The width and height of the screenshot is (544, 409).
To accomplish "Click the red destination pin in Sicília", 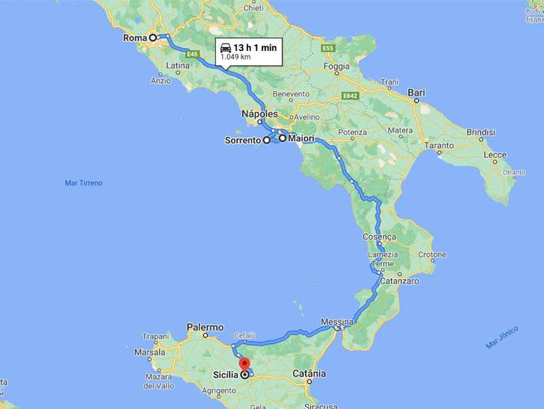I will (245, 364).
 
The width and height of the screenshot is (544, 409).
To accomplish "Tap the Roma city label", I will (135, 38).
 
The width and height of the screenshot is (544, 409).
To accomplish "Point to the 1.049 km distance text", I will (235, 58).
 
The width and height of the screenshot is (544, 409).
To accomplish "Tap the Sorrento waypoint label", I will (243, 141).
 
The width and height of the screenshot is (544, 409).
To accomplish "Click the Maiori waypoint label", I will (301, 139).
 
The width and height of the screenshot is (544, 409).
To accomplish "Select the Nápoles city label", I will (260, 114).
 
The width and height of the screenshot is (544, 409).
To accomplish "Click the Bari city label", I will (416, 92).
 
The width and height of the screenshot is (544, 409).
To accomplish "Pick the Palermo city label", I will (205, 327).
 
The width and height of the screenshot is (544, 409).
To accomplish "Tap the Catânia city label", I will (309, 374).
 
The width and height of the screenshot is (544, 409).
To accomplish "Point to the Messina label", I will (337, 321).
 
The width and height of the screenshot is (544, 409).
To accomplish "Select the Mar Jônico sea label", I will (502, 337).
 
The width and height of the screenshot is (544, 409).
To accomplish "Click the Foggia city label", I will (337, 67).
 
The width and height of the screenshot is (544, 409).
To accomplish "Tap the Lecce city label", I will (495, 155).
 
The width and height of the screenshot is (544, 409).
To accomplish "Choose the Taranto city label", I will (438, 145).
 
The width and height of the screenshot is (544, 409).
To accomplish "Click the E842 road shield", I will (350, 96).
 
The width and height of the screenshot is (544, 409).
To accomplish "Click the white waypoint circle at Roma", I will (153, 37).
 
